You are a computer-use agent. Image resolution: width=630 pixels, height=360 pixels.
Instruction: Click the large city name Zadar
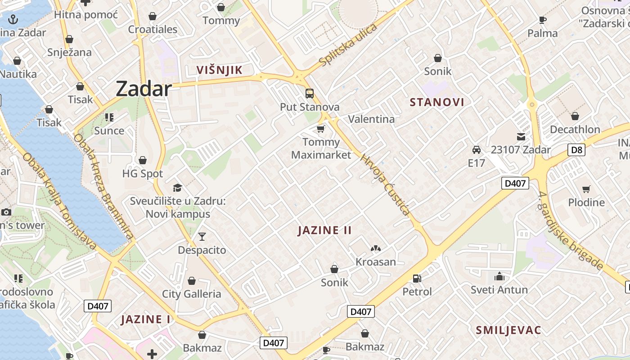[x=144, y=89]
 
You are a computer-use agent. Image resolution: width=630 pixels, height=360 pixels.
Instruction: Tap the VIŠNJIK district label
[x=219, y=70]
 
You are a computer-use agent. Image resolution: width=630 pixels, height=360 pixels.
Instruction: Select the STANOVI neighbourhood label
[x=436, y=102]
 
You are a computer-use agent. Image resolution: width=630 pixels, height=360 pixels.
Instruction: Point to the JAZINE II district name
[x=324, y=230]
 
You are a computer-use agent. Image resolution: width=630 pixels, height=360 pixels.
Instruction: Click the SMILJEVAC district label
[x=508, y=330]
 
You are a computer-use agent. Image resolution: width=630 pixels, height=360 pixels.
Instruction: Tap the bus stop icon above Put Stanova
[x=310, y=94]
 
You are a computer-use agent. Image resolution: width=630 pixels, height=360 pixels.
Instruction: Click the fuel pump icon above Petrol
[x=417, y=279]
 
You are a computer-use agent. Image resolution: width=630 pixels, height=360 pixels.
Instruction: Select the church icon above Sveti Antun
[x=499, y=276]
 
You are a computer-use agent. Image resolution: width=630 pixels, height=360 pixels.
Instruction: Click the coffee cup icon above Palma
[x=542, y=20]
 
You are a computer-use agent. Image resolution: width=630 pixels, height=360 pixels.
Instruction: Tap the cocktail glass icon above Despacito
[x=202, y=236]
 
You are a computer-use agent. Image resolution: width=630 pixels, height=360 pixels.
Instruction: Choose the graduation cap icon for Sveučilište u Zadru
[x=177, y=188]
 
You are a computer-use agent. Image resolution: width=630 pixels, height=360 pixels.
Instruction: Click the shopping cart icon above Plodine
[x=586, y=189]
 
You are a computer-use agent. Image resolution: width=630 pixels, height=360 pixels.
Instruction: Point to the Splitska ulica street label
[x=347, y=44]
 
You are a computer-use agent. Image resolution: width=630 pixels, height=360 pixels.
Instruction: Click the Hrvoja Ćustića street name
[x=385, y=184]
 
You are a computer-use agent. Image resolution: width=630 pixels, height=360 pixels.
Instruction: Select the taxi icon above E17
[x=476, y=149]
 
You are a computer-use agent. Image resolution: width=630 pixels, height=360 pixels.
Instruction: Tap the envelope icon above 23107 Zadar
[x=521, y=137]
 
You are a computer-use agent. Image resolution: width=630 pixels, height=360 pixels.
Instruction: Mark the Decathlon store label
[x=575, y=130]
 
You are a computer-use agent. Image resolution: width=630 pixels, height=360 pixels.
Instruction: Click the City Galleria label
[x=191, y=294]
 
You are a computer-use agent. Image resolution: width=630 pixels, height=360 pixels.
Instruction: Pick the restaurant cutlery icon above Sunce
[x=109, y=117]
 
